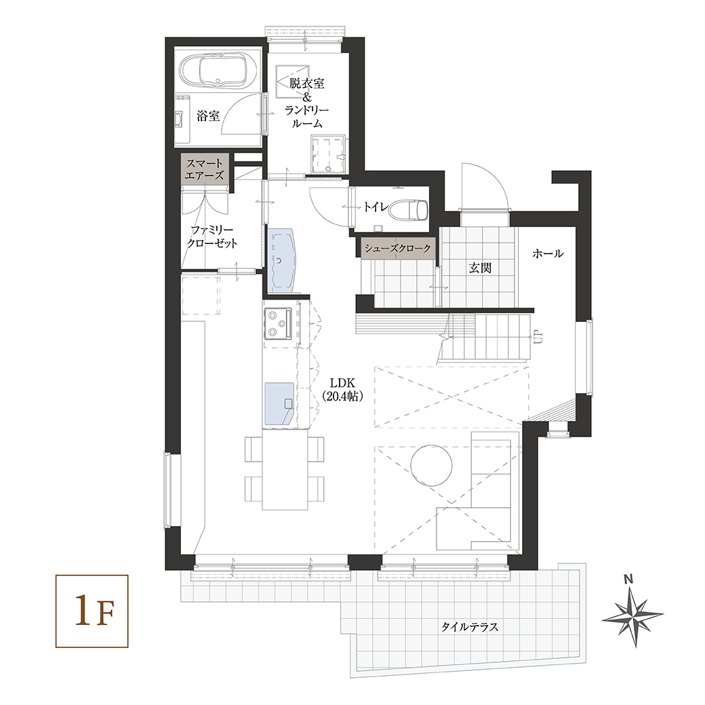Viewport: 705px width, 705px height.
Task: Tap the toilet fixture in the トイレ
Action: pos(408,210)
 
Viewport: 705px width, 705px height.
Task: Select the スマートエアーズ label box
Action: pos(205,168)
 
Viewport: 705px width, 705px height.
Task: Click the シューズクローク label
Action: pos(398,248)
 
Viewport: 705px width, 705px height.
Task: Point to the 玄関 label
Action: pos(480,268)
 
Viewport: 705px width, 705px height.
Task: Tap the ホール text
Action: pos(548,254)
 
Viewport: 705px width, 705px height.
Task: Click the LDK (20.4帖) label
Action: pos(342,389)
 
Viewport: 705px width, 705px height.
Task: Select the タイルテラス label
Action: pos(469,627)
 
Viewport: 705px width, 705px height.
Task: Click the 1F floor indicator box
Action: pos(92,611)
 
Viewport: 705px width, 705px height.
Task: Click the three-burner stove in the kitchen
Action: pos(278,324)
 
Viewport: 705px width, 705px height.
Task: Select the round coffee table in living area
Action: pos(431,465)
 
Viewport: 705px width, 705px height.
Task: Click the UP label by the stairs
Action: pos(538,337)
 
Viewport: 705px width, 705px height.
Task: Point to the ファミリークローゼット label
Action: pos(211,237)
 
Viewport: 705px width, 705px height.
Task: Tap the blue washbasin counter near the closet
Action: pos(280,260)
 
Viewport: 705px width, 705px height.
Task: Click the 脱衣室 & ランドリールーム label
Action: pos(307,103)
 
